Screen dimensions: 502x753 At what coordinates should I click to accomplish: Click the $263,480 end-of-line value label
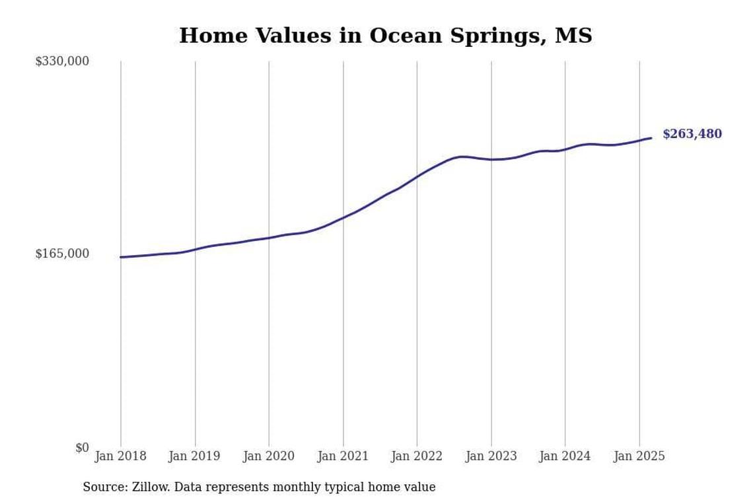tap(692, 134)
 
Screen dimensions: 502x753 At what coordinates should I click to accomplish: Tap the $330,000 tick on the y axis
tap(62, 61)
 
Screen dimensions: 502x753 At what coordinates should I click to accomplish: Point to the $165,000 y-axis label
tap(62, 254)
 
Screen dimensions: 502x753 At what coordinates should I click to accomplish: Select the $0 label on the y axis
tap(82, 448)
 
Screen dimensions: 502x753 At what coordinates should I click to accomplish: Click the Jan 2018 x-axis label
tap(121, 456)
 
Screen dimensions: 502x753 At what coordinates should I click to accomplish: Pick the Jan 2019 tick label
tap(195, 456)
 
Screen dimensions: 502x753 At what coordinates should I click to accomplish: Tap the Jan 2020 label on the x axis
tap(269, 456)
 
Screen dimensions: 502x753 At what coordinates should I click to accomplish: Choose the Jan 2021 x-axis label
tap(343, 456)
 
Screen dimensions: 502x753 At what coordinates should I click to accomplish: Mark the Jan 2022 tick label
tap(417, 456)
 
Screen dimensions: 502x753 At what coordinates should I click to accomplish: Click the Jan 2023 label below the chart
tap(491, 456)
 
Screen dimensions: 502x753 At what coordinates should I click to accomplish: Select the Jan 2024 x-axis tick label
tap(565, 456)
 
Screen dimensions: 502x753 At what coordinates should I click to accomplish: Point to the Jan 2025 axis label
tap(639, 456)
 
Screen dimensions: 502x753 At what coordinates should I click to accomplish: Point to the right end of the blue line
tap(651, 138)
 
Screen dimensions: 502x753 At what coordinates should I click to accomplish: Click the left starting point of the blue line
tap(121, 257)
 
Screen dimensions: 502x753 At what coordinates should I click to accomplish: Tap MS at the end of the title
tap(573, 36)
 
